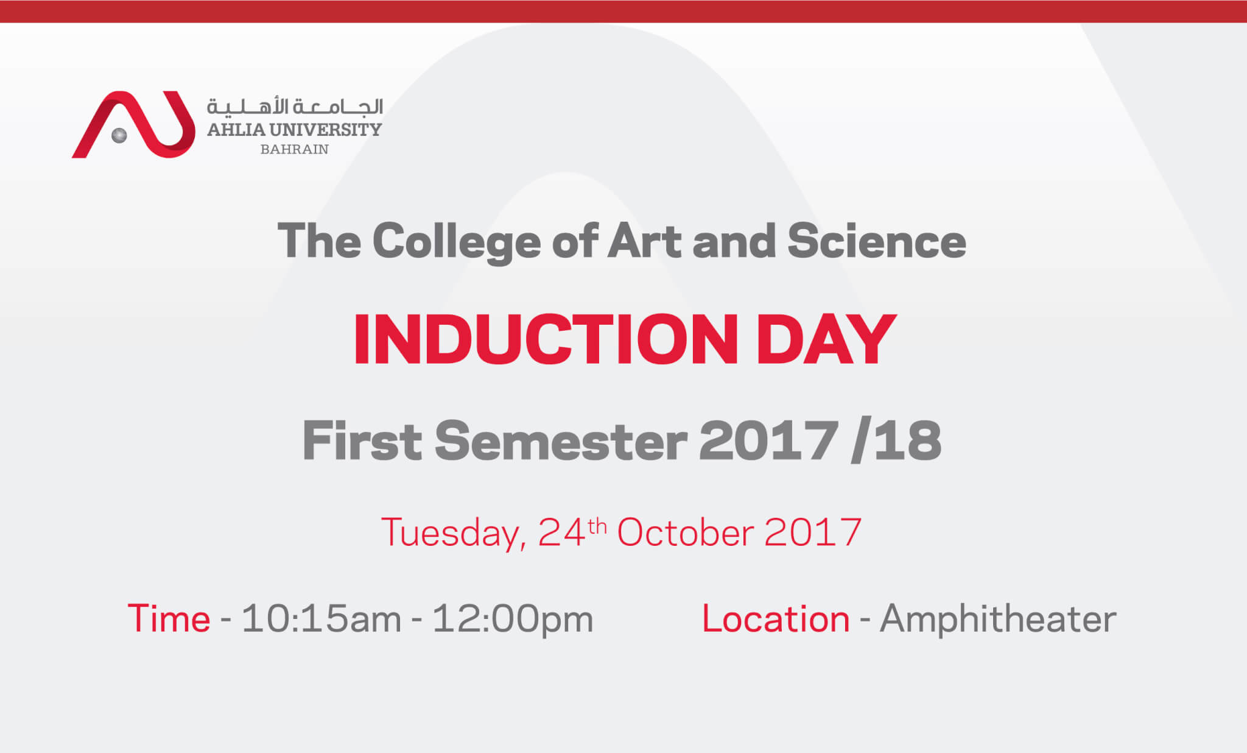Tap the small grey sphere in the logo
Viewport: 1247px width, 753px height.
point(119,135)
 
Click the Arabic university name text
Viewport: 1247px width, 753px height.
point(295,107)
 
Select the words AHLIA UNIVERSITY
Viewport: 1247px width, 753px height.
point(295,130)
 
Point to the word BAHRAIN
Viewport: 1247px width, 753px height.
point(295,149)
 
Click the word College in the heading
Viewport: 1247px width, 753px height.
point(457,242)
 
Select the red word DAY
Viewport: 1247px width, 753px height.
point(826,339)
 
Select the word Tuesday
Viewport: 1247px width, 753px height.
point(454,534)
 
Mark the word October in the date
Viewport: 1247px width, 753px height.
point(686,532)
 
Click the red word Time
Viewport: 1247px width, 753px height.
point(169,619)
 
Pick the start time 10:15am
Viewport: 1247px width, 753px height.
point(321,619)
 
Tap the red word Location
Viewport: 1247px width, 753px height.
point(776,619)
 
